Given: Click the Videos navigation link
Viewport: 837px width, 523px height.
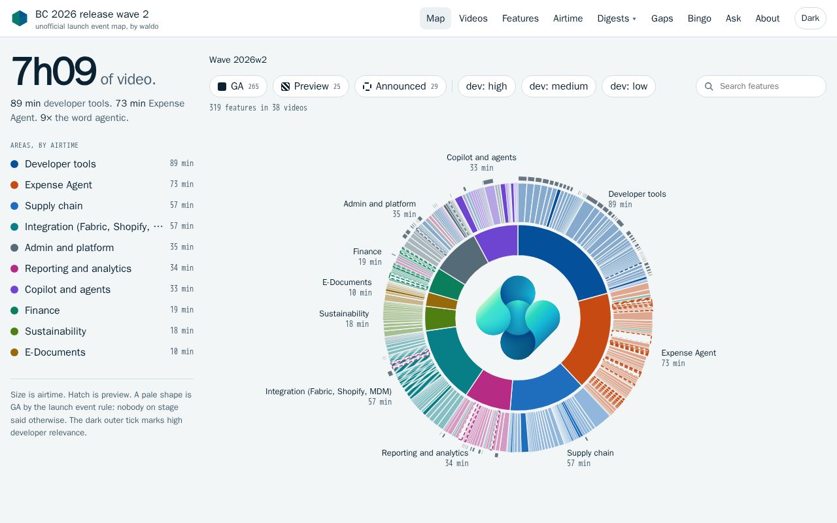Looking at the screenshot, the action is tap(473, 18).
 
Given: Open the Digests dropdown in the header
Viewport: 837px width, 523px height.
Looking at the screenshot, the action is tap(617, 18).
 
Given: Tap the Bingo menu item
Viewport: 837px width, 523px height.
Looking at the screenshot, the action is tap(699, 18).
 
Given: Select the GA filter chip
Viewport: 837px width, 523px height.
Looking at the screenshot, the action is tap(238, 86).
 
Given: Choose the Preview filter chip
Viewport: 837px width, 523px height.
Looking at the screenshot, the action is tap(311, 86).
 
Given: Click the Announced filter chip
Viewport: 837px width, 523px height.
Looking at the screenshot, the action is tap(400, 86).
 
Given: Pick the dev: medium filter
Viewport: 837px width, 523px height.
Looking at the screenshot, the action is tap(558, 86).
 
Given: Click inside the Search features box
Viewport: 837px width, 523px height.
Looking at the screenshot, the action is tap(760, 86).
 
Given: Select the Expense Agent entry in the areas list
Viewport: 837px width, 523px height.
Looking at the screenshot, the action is tap(58, 185).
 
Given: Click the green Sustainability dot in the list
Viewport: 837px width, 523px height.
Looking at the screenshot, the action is tap(14, 331).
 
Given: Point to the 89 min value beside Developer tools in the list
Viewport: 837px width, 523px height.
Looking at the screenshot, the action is tap(182, 163).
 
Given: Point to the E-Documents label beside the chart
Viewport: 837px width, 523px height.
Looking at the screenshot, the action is tap(347, 282).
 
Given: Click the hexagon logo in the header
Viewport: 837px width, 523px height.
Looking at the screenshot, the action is tap(20, 18).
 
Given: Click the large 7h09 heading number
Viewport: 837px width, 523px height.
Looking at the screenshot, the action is tap(54, 71).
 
